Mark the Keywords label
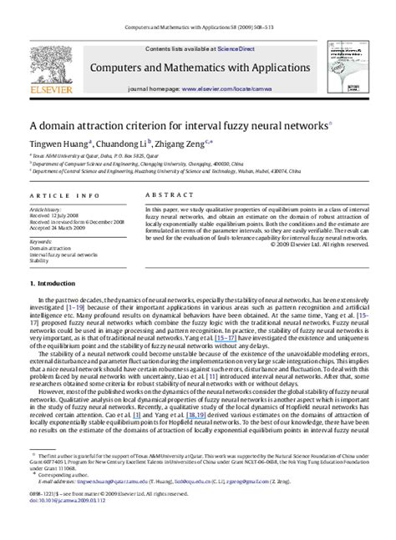43,241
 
